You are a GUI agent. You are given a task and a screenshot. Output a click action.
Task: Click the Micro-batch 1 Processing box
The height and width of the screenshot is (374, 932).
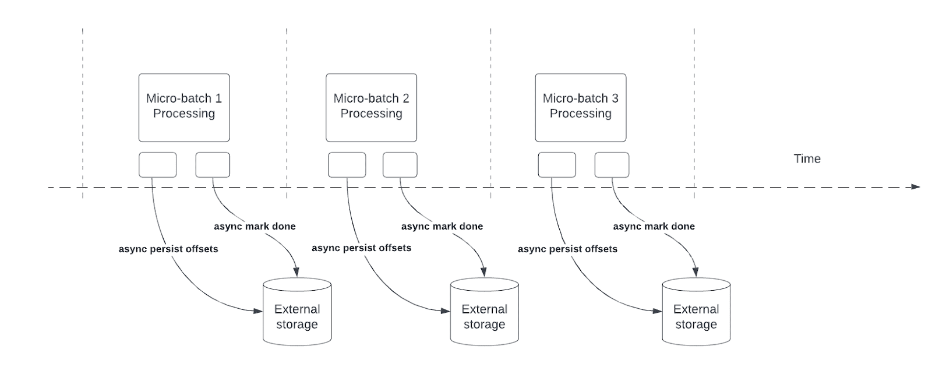point(184,107)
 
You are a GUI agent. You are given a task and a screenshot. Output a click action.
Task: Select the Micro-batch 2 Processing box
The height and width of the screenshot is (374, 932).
point(371,107)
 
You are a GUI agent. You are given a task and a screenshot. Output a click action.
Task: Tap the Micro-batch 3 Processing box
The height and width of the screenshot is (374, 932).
point(581,107)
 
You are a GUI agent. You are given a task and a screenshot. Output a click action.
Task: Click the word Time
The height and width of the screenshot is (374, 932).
point(807,158)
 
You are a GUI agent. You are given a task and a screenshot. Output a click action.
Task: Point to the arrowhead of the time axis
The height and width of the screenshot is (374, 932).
point(915,187)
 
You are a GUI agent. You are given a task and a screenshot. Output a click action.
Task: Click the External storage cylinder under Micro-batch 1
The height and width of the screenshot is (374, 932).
point(297,312)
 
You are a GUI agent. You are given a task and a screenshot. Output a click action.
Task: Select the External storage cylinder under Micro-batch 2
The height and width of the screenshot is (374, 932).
point(484,312)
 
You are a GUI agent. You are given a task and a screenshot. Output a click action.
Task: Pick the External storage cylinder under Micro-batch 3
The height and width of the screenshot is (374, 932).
point(696,312)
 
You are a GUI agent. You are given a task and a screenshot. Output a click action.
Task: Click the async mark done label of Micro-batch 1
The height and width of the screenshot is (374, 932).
point(255,226)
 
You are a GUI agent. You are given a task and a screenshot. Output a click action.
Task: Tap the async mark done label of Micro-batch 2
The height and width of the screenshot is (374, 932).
point(442,226)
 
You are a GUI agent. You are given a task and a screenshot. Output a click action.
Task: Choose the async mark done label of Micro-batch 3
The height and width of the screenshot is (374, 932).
point(654,226)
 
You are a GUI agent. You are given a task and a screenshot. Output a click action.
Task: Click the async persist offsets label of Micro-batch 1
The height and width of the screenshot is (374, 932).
point(168,249)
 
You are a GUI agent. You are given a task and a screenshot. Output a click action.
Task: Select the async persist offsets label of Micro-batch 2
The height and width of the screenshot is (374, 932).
point(361,248)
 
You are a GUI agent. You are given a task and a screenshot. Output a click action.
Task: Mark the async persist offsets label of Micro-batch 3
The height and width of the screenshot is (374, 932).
point(567,249)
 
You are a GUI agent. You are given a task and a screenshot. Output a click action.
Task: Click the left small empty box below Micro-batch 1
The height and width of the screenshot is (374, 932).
point(157,165)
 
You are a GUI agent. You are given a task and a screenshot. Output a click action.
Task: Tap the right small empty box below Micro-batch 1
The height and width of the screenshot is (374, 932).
point(213,165)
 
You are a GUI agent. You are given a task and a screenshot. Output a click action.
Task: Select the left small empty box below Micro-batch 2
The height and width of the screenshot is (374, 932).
point(347,165)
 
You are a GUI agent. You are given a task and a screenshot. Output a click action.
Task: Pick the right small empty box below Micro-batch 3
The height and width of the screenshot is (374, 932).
point(612,165)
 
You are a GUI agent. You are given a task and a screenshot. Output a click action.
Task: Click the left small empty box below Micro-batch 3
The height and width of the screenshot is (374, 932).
point(556,165)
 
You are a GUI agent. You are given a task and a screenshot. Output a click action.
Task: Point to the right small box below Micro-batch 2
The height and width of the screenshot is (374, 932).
point(400,165)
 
